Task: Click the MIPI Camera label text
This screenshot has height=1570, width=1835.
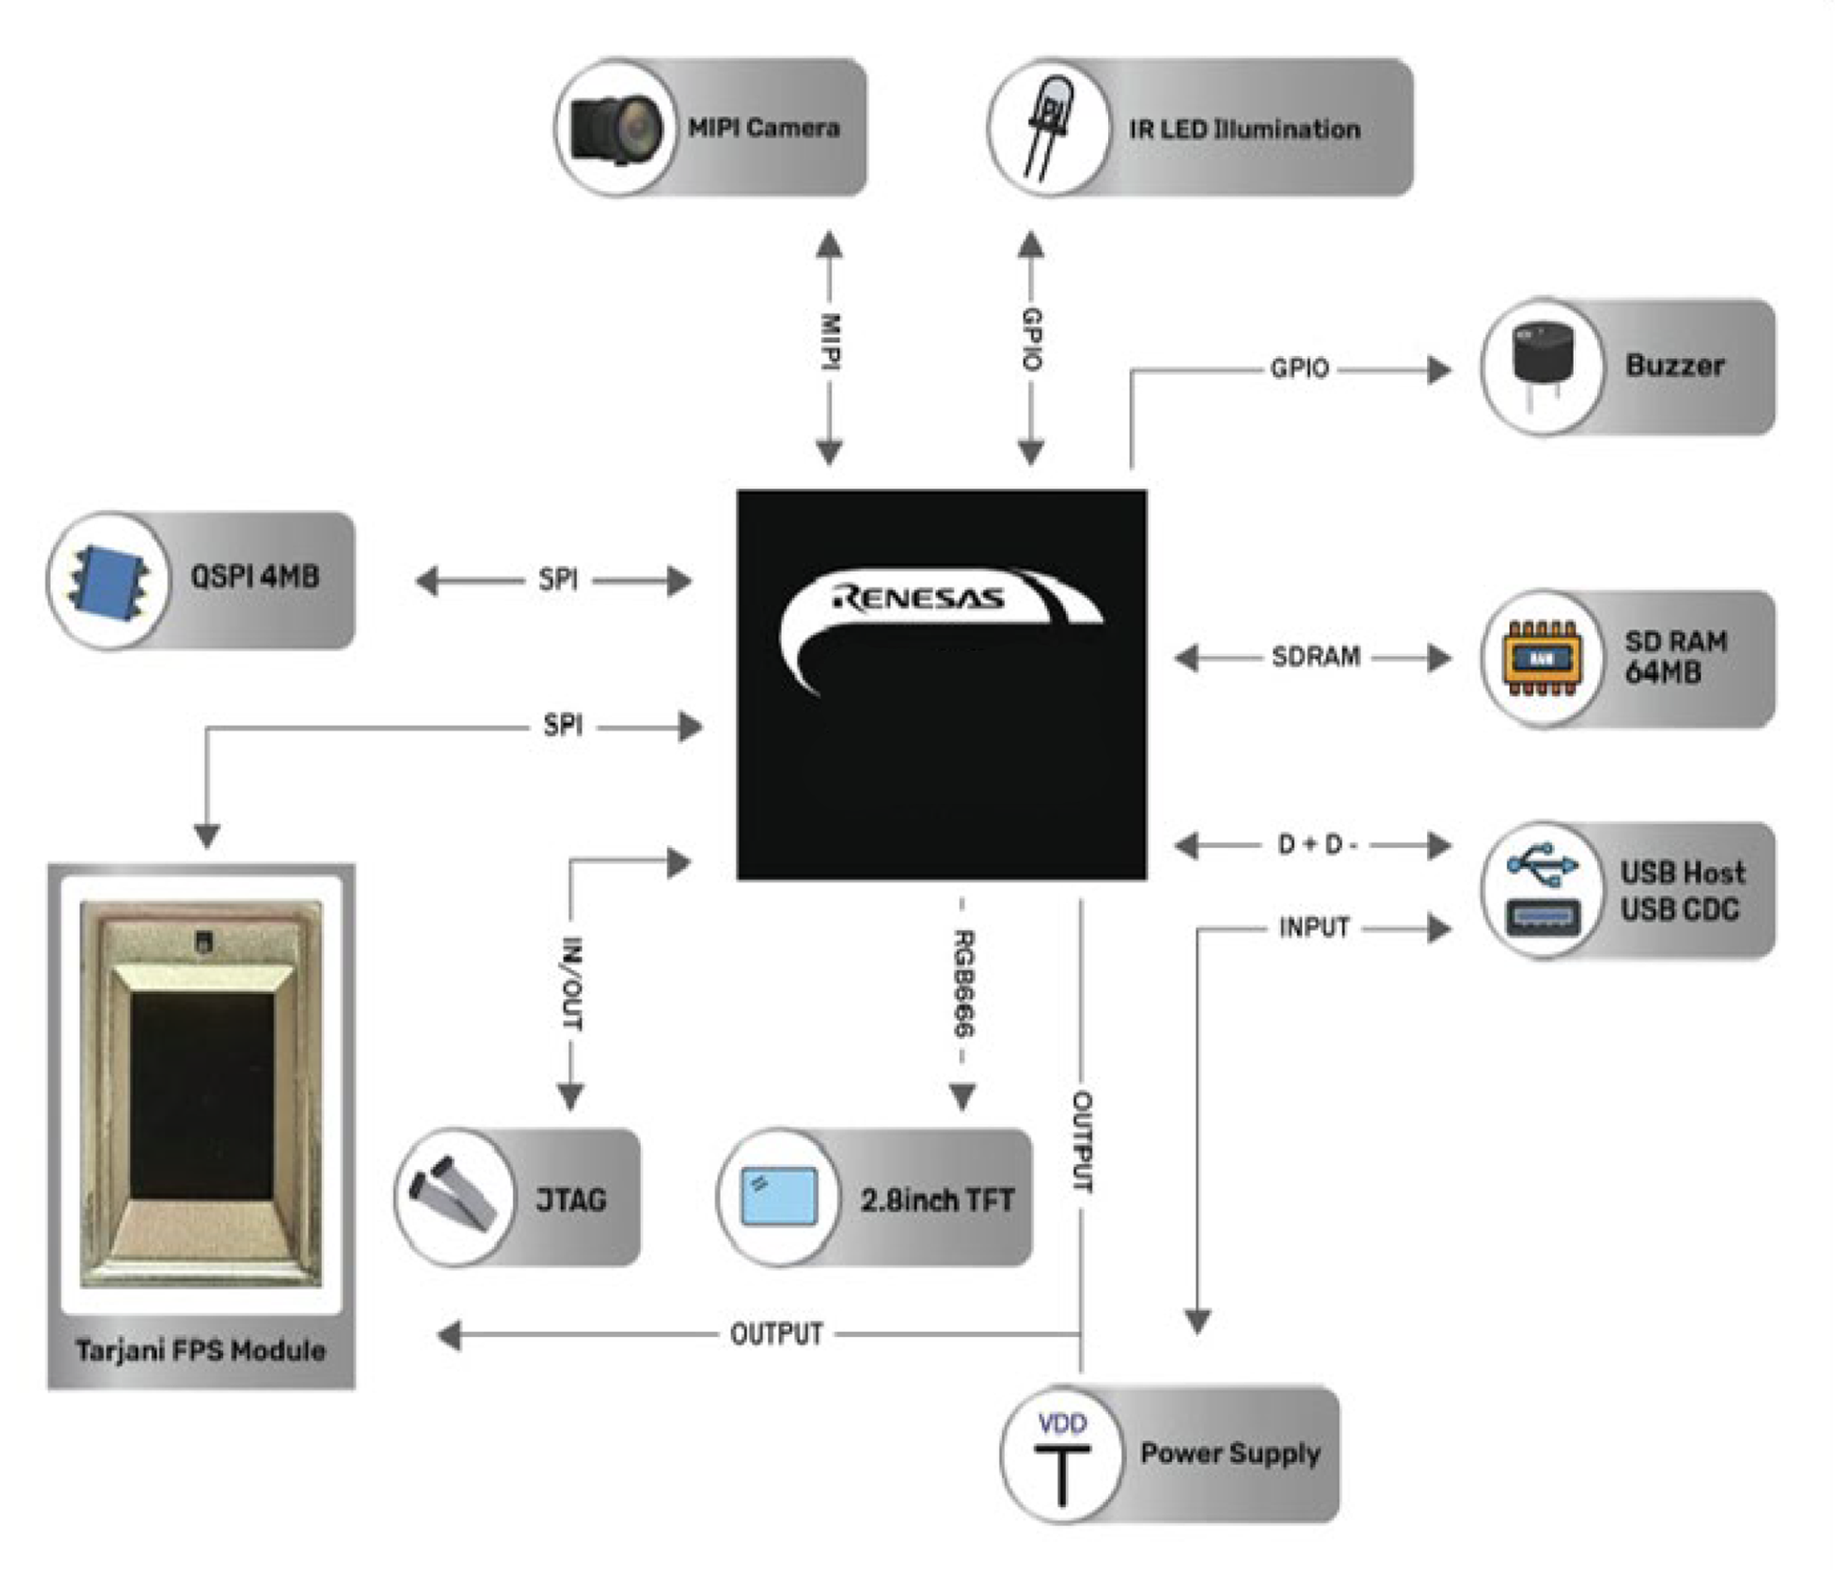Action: (763, 128)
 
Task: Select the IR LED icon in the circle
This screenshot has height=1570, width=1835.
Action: (1048, 129)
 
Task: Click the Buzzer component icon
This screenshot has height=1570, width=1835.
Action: (1542, 366)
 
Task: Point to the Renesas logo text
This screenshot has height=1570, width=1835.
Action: (918, 599)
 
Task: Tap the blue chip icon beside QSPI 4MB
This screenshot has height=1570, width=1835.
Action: (109, 581)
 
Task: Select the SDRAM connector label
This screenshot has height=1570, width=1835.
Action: (1316, 657)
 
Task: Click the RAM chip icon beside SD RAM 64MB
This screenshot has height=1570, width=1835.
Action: (1542, 658)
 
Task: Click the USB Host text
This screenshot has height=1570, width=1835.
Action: (1682, 872)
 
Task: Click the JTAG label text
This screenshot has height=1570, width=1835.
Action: (571, 1201)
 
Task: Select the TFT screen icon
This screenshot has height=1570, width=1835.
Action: (778, 1198)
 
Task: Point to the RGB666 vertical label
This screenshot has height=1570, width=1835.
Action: (964, 984)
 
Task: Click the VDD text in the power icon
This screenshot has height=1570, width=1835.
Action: (1062, 1424)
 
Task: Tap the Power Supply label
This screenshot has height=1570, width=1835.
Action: (1230, 1454)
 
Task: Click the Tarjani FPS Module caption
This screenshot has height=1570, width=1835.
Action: (201, 1350)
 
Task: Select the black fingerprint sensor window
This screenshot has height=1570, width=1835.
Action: (202, 1095)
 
